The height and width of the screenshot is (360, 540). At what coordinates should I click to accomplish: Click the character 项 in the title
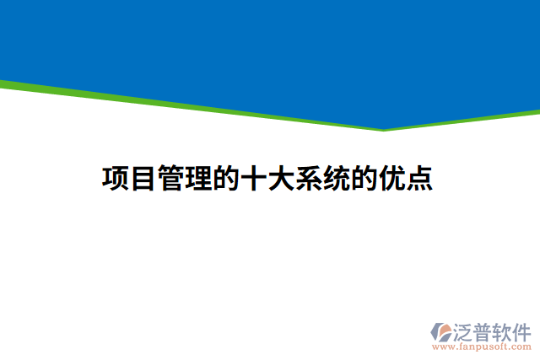[116, 179]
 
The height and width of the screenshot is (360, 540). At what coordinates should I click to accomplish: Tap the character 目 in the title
[143, 179]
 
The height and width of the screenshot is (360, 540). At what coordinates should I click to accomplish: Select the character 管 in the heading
[171, 179]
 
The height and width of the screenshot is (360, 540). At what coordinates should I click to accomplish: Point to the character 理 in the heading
[199, 179]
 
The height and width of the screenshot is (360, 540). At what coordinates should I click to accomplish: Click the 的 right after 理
[226, 179]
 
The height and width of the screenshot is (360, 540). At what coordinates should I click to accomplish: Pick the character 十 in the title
[254, 179]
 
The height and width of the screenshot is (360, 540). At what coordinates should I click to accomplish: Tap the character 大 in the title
[282, 179]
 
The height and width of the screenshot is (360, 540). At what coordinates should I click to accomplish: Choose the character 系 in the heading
[310, 179]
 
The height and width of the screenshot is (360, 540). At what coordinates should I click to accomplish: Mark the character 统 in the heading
[337, 179]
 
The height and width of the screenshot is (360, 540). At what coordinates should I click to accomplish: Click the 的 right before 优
[364, 179]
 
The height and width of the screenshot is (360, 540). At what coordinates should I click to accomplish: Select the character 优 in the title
[392, 179]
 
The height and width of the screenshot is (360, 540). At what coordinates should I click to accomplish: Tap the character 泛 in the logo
[467, 330]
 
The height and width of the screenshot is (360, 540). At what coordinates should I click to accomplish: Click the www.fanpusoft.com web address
[482, 346]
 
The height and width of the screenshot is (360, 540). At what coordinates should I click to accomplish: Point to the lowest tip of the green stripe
[384, 130]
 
